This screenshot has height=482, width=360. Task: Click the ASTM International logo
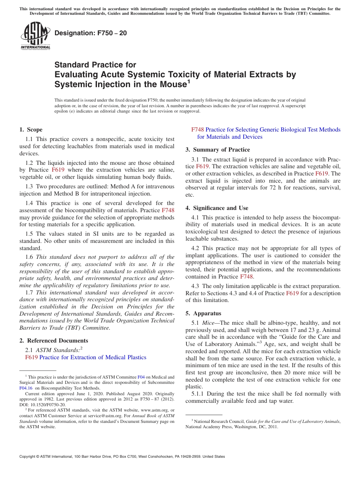pos(35,36)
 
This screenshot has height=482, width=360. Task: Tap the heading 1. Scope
pos(31,130)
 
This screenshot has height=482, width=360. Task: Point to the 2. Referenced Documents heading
pos(54,341)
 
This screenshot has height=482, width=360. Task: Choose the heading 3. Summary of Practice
pos(218,150)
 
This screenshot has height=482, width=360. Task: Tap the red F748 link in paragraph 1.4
pos(168,210)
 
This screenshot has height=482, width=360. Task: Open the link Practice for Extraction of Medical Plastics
pos(93,357)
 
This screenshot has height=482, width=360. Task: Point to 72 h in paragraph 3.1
pos(286,188)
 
